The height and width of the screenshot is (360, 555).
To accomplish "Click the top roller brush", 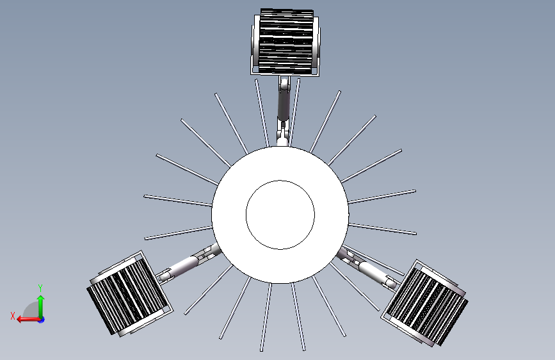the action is (286, 42).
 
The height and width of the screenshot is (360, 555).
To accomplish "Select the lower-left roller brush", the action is (129, 294).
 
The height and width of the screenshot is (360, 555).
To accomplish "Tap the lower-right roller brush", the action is (425, 303).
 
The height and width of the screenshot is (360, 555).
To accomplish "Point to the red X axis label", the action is (13, 316).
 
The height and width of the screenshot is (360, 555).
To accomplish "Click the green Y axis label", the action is (40, 288).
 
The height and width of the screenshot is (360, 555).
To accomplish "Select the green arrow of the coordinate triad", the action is (41, 307).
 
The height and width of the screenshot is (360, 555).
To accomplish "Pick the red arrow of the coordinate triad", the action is (28, 320).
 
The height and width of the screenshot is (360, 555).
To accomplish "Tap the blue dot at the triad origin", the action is (42, 320).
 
